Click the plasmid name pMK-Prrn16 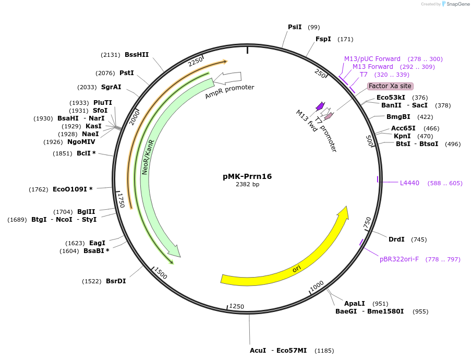tap(247, 176)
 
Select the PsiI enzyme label tap(295, 27)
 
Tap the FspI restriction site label tap(323, 39)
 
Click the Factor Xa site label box tap(390, 86)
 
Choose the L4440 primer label tap(409, 183)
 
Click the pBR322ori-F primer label tap(399, 259)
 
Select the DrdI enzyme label tap(396, 239)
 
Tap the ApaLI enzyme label tap(355, 303)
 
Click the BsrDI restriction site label tap(116, 281)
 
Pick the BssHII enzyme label tap(137, 55)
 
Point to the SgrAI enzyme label tap(111, 87)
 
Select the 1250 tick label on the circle tap(236, 306)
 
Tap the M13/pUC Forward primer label tap(372, 59)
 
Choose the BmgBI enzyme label tap(398, 117)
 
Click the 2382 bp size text tap(247, 185)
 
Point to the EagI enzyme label tap(97, 243)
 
